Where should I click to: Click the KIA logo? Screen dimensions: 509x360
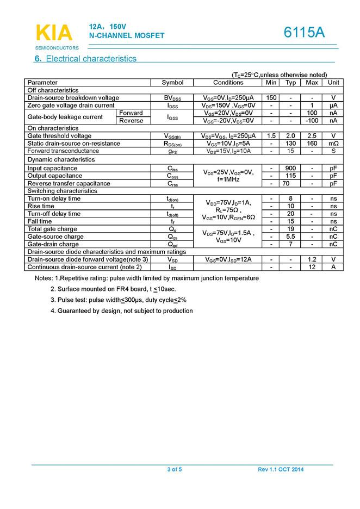[54, 33]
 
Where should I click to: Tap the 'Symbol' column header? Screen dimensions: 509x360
[173, 83]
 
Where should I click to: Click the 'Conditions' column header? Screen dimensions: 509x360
[228, 83]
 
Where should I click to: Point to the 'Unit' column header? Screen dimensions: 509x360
[333, 83]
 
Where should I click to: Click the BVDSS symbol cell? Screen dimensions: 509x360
[173, 98]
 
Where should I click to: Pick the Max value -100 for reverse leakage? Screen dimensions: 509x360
[312, 121]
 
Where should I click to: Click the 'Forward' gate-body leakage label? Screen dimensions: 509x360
[131, 113]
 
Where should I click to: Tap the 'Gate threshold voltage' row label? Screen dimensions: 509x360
[60, 136]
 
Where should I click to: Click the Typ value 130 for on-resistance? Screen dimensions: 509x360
[291, 144]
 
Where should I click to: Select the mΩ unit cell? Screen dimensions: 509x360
[333, 144]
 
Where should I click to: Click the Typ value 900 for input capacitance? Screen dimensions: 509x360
[291, 169]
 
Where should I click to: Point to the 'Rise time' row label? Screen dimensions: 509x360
[41, 207]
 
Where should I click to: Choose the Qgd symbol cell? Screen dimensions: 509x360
[173, 245]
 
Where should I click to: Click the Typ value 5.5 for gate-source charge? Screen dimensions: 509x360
[291, 237]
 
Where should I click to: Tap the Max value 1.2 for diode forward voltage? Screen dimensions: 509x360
[312, 260]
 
